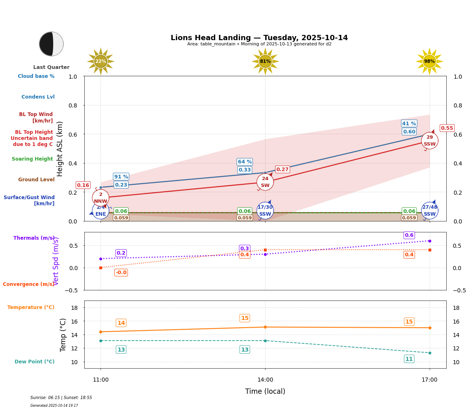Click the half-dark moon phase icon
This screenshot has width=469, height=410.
[51, 44]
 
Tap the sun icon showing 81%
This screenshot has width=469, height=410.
[265, 61]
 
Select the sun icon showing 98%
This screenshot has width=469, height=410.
[429, 61]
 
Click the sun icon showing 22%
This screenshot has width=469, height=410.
[101, 61]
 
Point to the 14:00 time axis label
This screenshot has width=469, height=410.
[265, 380]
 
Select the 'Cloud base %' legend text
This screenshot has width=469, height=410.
[36, 76]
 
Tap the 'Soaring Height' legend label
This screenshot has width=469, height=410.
[32, 159]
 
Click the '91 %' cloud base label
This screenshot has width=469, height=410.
[121, 176]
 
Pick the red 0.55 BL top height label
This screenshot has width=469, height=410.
[447, 128]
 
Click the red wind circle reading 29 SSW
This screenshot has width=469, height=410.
[429, 140]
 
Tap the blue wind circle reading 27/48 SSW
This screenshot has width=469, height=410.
[429, 210]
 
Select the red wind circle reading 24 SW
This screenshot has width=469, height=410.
[265, 182]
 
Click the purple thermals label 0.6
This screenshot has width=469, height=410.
[409, 235]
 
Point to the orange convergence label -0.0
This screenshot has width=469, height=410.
[121, 273]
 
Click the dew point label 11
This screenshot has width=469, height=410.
[409, 359]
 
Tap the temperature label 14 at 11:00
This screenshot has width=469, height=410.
[121, 323]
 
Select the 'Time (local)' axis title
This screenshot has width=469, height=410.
[265, 391]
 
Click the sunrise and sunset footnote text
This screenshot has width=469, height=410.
[61, 398]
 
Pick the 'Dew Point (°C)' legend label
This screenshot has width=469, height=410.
[34, 362]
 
